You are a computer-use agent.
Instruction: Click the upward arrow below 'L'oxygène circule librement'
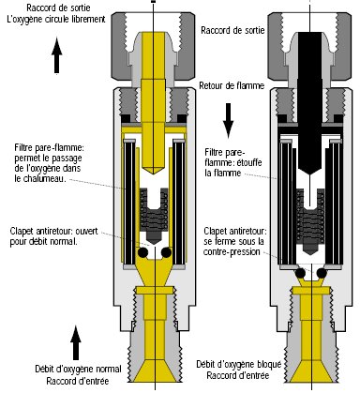click(x=56, y=55)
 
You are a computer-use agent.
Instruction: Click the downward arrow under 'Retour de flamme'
click(x=228, y=120)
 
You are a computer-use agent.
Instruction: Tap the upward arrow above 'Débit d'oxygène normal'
click(x=76, y=343)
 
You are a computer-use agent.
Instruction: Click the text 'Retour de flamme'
click(x=232, y=85)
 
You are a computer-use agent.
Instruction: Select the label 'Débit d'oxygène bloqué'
click(x=238, y=364)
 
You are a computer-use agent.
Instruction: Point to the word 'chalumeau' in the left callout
click(x=44, y=178)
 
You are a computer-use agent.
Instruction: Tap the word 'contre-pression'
click(x=232, y=251)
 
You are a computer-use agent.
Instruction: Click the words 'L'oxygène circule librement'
click(x=55, y=19)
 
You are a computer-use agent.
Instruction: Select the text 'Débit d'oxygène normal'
click(x=78, y=369)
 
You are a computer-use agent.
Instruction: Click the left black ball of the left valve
click(x=143, y=252)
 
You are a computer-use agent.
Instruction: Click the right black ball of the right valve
click(x=322, y=273)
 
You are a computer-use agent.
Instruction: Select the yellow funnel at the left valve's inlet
click(x=155, y=371)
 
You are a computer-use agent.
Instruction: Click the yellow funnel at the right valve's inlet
click(x=312, y=371)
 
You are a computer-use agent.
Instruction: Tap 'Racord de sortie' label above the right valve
click(x=232, y=30)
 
